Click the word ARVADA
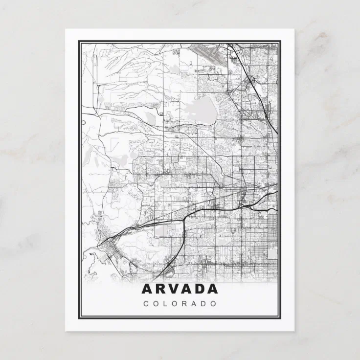click(x=180, y=289)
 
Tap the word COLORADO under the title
click(x=180, y=303)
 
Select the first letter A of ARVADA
click(x=147, y=289)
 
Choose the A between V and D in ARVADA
click(x=187, y=289)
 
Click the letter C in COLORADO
click(x=146, y=303)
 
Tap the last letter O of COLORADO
click(x=214, y=303)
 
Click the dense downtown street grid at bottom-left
click(x=110, y=249)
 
